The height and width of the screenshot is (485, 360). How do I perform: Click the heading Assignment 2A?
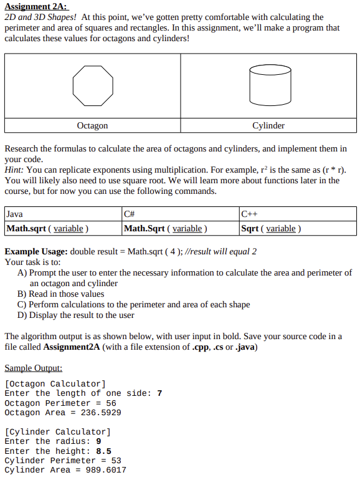click(x=36, y=6)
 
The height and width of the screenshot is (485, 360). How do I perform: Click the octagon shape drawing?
click(x=93, y=85)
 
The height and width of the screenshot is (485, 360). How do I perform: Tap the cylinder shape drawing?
click(x=269, y=85)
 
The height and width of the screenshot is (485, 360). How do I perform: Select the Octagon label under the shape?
click(x=92, y=126)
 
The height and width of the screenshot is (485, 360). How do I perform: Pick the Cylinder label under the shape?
click(x=268, y=126)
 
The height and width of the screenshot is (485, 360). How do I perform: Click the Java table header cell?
click(x=14, y=214)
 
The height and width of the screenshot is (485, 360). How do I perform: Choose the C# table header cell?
click(x=130, y=214)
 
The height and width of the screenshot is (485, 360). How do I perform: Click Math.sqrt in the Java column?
click(x=26, y=228)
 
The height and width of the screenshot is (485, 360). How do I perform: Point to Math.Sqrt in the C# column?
click(x=144, y=228)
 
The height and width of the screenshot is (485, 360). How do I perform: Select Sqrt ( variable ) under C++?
click(x=271, y=228)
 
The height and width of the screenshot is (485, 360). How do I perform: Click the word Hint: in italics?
click(x=14, y=170)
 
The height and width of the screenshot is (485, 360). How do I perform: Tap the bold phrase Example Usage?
click(x=36, y=251)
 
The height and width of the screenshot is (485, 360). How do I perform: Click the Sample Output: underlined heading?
click(x=33, y=368)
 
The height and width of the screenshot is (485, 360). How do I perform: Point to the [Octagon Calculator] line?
click(x=55, y=383)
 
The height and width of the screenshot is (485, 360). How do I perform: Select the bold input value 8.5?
click(x=103, y=451)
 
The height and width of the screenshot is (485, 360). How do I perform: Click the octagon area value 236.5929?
click(x=101, y=413)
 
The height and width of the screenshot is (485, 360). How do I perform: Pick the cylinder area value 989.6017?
click(x=106, y=470)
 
